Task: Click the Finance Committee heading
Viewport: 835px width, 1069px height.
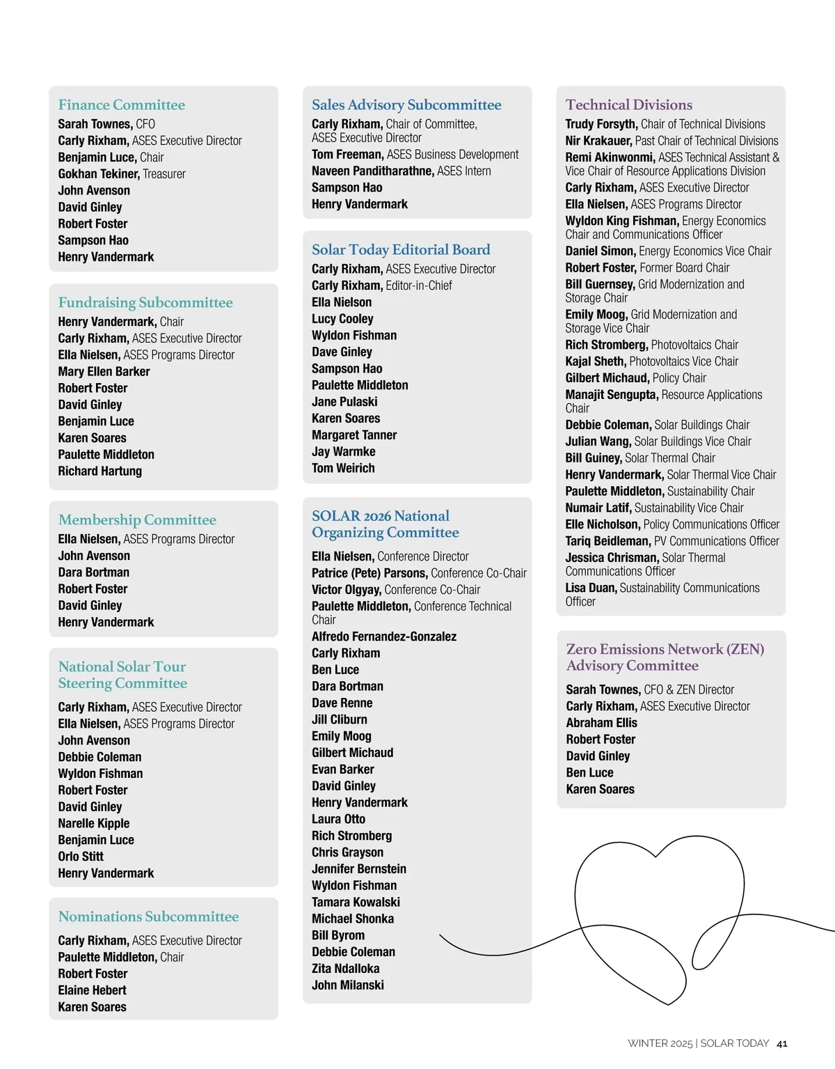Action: pos(122,105)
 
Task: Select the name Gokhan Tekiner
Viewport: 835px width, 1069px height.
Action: pos(99,174)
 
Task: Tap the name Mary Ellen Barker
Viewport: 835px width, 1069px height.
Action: pos(104,372)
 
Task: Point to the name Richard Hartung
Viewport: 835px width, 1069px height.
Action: pos(100,471)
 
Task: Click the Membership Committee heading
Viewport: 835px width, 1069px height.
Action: pos(137,520)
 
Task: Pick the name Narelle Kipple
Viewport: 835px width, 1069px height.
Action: pos(93,824)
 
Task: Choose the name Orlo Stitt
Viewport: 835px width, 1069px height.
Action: pos(81,857)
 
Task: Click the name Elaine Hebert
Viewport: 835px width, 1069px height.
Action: pos(92,991)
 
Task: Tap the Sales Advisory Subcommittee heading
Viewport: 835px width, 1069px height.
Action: pos(406,105)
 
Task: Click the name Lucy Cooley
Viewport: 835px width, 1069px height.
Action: pos(342,319)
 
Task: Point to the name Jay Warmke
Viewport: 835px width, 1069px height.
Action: pos(343,452)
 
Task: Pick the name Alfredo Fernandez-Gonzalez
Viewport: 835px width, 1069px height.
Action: pos(384,637)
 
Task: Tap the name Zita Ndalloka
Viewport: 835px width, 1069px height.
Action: pos(345,969)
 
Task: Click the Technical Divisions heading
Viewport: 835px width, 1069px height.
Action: pos(629,105)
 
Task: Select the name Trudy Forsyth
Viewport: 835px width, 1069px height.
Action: pos(601,125)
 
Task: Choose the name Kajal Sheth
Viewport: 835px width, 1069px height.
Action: pos(595,361)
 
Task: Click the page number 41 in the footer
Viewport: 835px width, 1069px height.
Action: pos(782,1043)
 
